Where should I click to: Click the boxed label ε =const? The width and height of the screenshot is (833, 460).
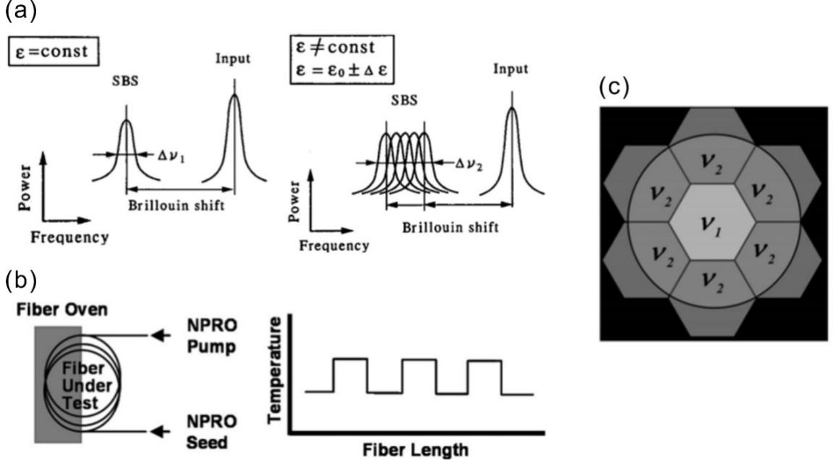coord(53,51)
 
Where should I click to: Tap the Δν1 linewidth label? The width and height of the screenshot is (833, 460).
coord(172,156)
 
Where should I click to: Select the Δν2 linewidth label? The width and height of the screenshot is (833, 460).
coord(469,164)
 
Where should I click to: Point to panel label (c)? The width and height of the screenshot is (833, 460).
coord(614,88)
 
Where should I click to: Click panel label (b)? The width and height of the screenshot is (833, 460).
coord(21,281)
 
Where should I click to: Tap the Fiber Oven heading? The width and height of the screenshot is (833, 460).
coord(62,310)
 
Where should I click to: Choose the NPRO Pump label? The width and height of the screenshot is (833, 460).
coord(211,336)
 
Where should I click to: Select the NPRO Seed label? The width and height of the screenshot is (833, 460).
coord(211,432)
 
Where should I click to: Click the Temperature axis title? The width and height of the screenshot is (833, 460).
coord(275,370)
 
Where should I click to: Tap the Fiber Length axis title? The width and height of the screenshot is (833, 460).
coord(415,449)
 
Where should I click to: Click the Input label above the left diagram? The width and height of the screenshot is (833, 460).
coord(233,59)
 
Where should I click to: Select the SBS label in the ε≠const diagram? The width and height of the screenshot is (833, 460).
coord(405,100)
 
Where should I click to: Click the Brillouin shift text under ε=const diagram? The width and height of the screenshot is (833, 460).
coord(177,205)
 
